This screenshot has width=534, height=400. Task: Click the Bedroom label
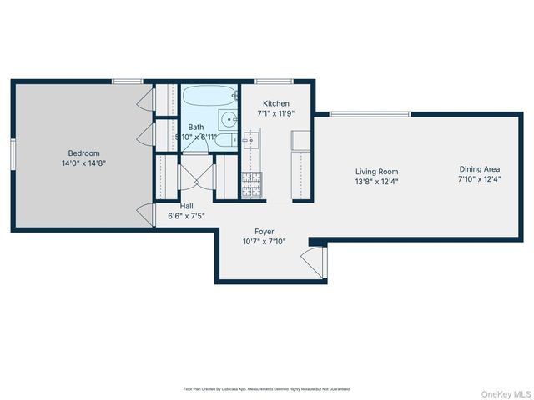tap(84, 153)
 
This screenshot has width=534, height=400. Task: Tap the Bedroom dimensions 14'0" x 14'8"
tap(84, 163)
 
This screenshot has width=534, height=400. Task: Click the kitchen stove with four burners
tap(251, 184)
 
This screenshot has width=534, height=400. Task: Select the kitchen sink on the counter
tap(251, 140)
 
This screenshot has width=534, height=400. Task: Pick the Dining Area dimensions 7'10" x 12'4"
tap(479, 178)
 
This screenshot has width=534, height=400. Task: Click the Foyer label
tap(264, 232)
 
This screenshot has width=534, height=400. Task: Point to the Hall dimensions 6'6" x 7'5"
tap(186, 216)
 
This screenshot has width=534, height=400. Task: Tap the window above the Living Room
tap(370, 113)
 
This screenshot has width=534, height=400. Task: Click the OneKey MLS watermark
tap(506, 393)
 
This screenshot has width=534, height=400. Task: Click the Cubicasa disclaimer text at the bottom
tap(267, 389)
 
